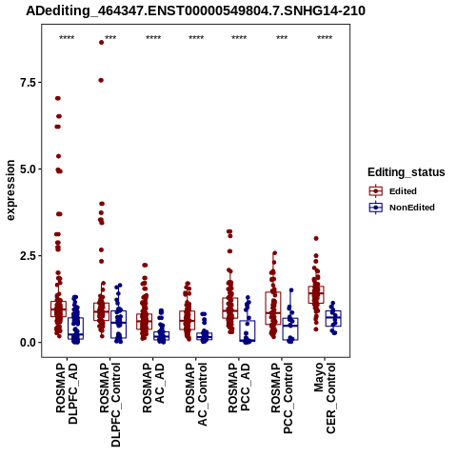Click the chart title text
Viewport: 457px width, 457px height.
195,10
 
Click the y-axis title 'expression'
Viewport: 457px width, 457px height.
10,190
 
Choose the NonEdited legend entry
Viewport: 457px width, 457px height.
402,208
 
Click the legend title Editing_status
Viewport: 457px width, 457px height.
407,172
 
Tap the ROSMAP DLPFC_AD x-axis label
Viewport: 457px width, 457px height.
67,393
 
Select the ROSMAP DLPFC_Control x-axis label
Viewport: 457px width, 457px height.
109,405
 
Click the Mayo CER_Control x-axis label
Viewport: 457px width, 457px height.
325,398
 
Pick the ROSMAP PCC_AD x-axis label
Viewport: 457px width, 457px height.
239,387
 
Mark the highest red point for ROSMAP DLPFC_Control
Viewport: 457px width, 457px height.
101,42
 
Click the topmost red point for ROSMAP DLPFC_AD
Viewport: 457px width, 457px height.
58,98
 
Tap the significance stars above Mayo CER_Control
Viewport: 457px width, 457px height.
325,38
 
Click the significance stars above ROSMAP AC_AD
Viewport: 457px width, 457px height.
153,38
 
